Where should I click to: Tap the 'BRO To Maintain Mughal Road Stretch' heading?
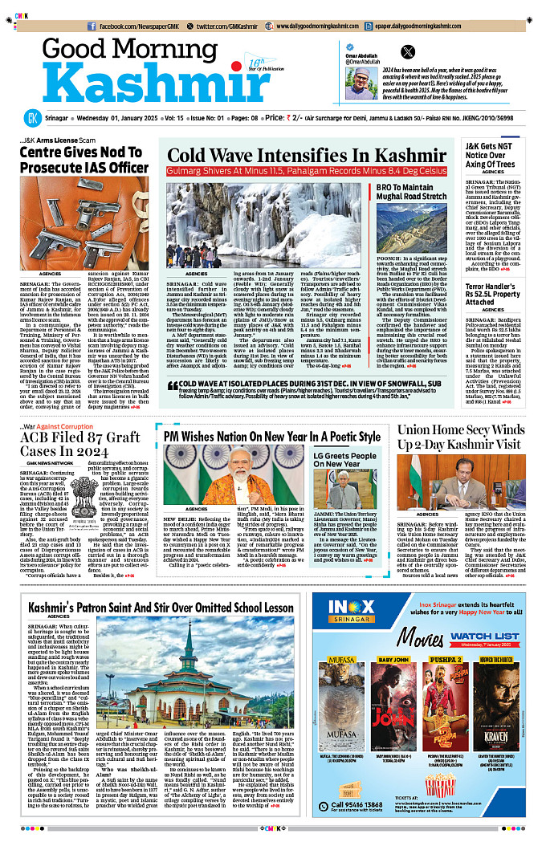[410, 191]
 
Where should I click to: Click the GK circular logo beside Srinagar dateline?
[31, 118]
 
